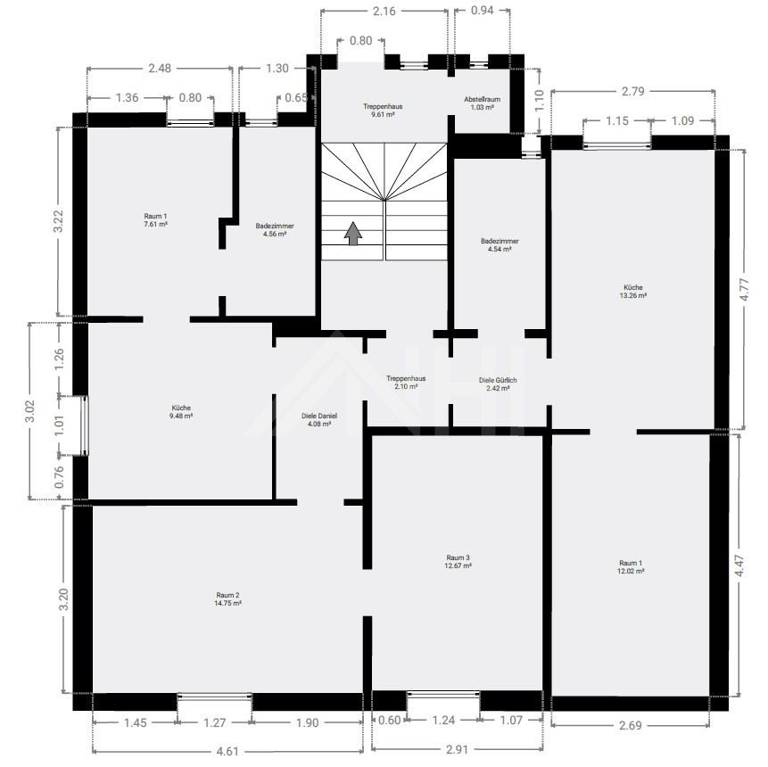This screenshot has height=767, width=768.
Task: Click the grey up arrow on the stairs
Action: [353, 233]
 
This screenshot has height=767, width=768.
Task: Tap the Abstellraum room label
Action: [483, 103]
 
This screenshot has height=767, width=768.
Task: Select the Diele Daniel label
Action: [318, 420]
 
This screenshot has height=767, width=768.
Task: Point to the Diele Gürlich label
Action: [498, 384]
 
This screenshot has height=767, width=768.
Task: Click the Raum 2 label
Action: [227, 599]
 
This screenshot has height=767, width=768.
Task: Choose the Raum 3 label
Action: [458, 561]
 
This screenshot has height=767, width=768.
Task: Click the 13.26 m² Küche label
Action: [633, 292]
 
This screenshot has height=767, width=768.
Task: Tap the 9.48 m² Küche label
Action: [181, 412]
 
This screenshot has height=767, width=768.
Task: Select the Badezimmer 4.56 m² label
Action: [275, 230]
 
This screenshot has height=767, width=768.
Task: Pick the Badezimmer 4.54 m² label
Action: [500, 245]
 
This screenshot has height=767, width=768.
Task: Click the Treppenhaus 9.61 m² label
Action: [383, 111]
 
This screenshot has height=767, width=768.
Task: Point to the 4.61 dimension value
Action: [227, 751]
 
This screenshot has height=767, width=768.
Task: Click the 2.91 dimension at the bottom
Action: [458, 749]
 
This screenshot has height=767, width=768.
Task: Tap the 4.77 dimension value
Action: [745, 290]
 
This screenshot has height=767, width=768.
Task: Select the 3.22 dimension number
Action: [59, 222]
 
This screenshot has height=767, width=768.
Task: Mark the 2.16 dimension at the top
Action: [384, 11]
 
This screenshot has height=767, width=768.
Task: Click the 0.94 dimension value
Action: [483, 10]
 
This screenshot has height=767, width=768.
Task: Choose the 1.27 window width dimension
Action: [215, 722]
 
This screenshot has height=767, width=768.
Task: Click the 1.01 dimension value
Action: [59, 425]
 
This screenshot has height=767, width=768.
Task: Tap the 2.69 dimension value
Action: [631, 725]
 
